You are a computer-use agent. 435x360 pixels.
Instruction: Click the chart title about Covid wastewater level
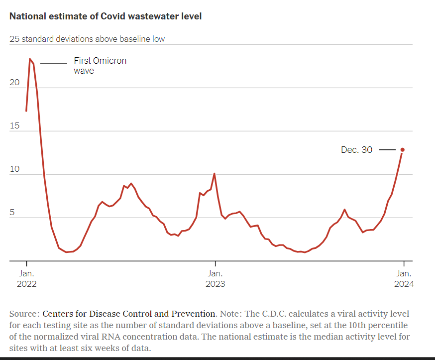(106, 16)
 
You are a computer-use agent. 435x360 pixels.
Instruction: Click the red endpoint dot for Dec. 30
(403, 149)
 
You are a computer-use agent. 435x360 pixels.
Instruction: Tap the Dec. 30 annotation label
(356, 149)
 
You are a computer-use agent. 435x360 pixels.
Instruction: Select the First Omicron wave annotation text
(100, 65)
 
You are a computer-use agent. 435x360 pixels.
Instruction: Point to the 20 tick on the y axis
(15, 83)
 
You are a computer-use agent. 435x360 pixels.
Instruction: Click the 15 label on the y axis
(14, 126)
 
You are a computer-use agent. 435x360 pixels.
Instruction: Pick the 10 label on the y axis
(14, 169)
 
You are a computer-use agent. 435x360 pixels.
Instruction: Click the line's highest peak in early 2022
(30, 59)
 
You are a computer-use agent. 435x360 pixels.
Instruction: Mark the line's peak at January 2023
(214, 173)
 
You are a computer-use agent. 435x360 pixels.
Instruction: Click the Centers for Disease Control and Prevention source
(129, 314)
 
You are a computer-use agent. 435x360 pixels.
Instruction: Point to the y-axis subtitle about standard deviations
(87, 39)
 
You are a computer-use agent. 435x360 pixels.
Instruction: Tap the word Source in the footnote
(23, 314)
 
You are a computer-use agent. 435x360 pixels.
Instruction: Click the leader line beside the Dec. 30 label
(387, 149)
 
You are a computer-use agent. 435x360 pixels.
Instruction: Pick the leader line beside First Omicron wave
(53, 64)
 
